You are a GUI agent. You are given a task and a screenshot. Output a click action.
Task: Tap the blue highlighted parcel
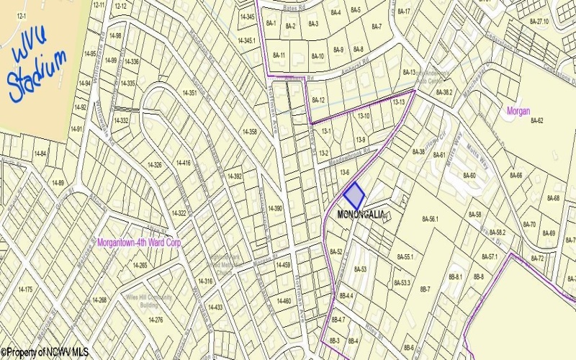(x=354, y=195)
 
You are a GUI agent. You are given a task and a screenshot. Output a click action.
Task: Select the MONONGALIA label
(x=361, y=214)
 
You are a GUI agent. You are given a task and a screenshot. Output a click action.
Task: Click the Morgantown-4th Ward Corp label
(x=138, y=243)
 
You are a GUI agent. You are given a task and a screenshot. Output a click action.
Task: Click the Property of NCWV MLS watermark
(x=45, y=353)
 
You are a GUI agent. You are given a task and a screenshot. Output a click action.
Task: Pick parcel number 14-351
(x=189, y=93)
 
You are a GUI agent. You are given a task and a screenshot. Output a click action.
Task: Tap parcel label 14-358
(x=250, y=132)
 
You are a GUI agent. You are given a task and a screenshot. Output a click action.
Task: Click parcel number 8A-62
(x=536, y=120)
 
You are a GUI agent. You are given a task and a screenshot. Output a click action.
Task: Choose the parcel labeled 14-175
(x=24, y=289)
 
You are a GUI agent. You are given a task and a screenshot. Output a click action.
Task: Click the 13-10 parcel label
(x=363, y=115)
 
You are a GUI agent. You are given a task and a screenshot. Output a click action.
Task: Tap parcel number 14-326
(x=155, y=166)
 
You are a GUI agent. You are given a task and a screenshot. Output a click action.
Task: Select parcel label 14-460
(x=284, y=301)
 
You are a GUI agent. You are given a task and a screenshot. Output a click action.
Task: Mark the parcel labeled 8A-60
(x=469, y=176)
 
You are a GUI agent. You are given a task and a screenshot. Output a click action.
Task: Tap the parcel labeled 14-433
(x=215, y=307)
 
